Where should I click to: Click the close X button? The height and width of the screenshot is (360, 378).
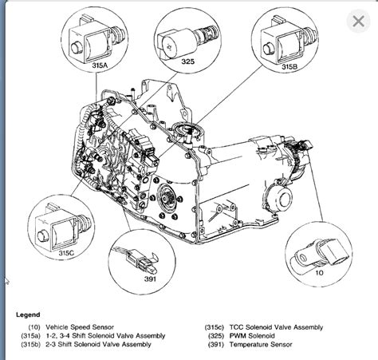click(x=358, y=22)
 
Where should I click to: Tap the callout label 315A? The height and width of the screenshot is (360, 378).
click(x=100, y=65)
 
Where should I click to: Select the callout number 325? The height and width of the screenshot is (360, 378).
click(x=188, y=61)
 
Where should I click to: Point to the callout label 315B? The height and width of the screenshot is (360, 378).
click(x=289, y=66)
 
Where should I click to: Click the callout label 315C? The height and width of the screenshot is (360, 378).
click(x=66, y=253)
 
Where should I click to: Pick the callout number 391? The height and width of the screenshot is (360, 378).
click(x=150, y=279)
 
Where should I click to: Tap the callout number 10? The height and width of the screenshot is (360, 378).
click(x=319, y=273)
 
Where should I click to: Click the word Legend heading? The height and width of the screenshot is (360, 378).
click(x=28, y=315)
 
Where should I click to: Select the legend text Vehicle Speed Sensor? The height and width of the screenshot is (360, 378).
click(x=80, y=327)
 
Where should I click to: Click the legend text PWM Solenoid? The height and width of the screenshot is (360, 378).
click(x=252, y=336)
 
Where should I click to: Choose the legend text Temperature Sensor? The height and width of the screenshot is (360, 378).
click(x=261, y=345)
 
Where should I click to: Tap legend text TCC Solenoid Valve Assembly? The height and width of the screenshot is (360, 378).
click(x=276, y=327)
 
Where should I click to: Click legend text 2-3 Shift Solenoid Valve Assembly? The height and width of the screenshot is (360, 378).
click(x=98, y=345)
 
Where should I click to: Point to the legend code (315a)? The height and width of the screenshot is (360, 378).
click(x=30, y=336)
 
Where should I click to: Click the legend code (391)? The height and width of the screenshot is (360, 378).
click(x=215, y=345)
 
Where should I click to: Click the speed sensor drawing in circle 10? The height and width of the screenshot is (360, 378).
click(x=319, y=253)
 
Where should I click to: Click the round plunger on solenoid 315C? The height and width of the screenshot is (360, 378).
click(x=43, y=236)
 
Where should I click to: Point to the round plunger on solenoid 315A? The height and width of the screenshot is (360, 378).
click(x=77, y=48)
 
